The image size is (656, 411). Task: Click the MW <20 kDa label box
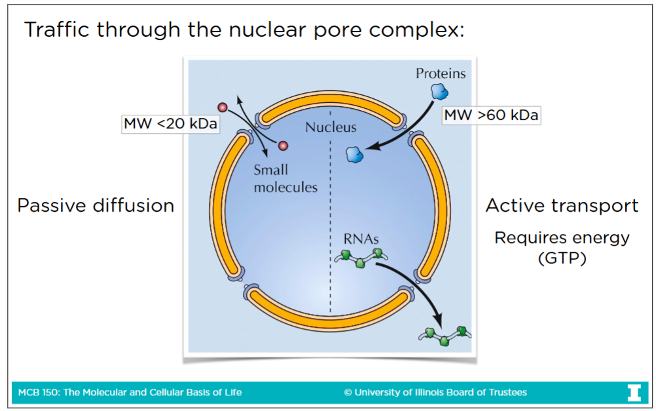170,123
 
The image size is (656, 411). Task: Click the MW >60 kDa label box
492,115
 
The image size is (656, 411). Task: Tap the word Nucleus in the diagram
331,127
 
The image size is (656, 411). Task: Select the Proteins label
441,73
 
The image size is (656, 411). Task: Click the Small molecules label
285,179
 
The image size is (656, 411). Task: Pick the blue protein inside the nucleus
354,154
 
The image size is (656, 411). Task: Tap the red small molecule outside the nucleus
223,107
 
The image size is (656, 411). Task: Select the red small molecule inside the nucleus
283,146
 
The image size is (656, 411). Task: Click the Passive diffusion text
96,206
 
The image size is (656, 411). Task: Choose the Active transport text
562,206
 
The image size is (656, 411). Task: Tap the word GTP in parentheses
562,258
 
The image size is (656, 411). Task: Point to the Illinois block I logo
634,392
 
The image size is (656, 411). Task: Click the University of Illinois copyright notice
435,393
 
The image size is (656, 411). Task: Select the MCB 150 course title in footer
130,393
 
